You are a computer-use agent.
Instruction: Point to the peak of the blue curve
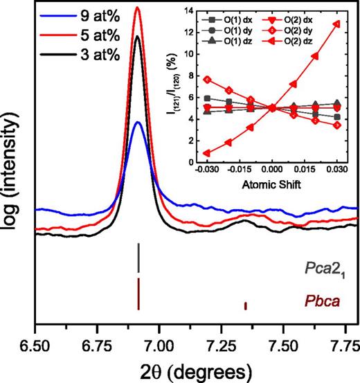(x=138, y=123)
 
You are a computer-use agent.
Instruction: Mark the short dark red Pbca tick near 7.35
(x=244, y=305)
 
